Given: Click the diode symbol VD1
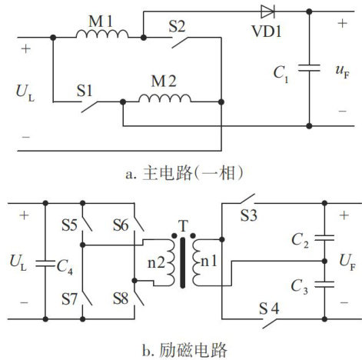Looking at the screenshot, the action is pos(267,12).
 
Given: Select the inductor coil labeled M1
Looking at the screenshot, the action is pos(102,34).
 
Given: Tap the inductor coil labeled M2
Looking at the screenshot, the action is pos(164,98).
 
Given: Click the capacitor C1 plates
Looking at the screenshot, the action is pos(309,68).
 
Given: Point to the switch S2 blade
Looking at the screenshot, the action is pos(180,42).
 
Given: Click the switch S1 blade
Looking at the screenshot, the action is pos(89,107).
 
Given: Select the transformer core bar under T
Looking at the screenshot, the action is pos(182,263).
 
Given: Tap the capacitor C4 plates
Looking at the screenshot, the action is pos(45,264).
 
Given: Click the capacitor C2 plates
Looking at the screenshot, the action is pos(324,238).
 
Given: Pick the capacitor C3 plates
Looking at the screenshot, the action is pos(324,284).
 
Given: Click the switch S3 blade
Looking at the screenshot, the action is pos(247,199).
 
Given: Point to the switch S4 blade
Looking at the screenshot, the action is pos(270,324).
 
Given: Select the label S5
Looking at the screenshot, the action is pos(69,225).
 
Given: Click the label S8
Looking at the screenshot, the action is pos(121,298).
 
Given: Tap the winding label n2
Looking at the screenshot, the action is pos(156,263).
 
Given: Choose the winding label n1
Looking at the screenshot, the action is pos(209,262).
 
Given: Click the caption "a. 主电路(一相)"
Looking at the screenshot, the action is pos(184,173).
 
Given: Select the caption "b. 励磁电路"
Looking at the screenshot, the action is pos(184,350).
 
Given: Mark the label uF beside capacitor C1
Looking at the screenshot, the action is pos(343,72).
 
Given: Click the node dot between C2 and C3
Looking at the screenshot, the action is pos(324,262).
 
